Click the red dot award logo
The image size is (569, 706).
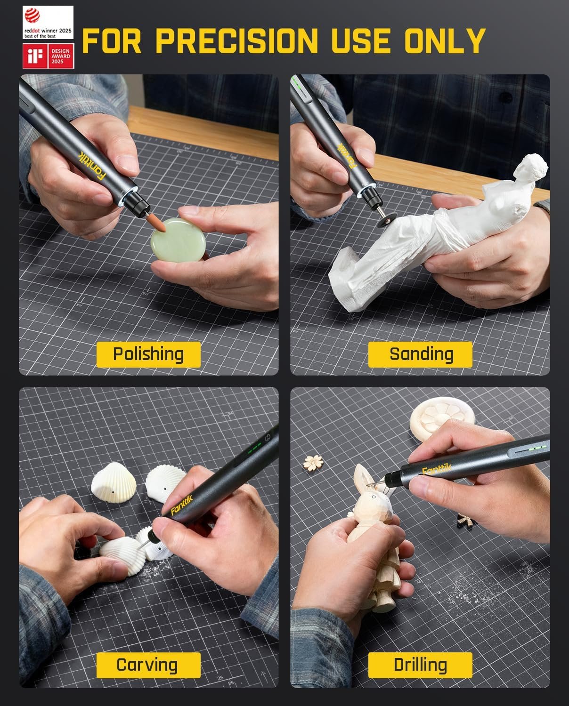click(x=48, y=22)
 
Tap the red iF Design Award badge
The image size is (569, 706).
click(x=48, y=56)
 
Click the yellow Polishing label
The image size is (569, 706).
click(x=148, y=354)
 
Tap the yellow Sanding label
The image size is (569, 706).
click(x=420, y=354)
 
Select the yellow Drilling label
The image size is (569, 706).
click(x=420, y=665)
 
